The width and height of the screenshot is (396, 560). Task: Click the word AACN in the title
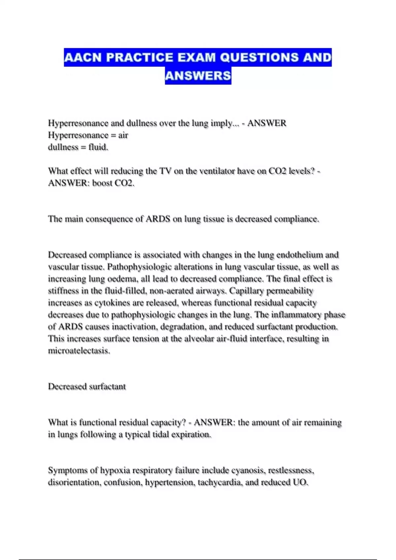point(83,58)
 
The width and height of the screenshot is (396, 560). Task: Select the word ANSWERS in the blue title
point(198,76)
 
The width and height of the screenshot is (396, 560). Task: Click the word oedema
point(123,279)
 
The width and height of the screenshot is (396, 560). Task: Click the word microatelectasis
point(79,351)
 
